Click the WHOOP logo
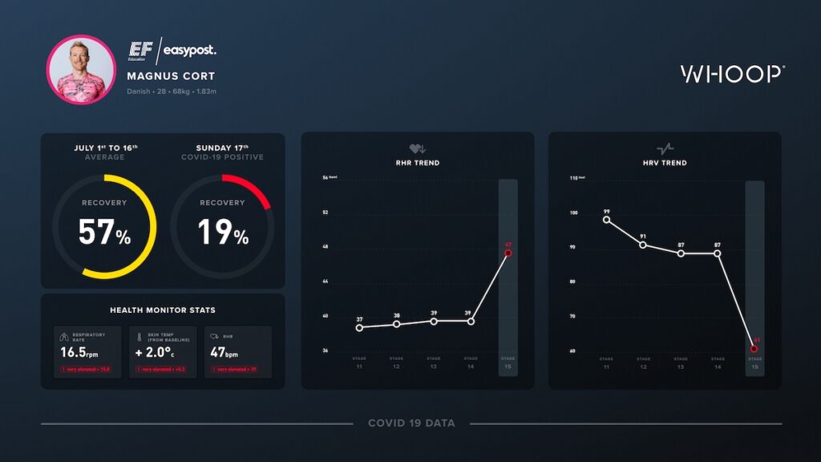coord(732,75)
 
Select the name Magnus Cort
coord(171,76)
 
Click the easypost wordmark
coord(190,51)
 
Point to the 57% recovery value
coord(104,233)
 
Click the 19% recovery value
coord(223,233)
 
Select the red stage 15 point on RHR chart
coord(508,253)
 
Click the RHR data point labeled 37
coord(359,327)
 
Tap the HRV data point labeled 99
coord(606,220)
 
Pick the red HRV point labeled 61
coord(754,349)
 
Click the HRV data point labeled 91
coord(643,244)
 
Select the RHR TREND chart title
coord(417,163)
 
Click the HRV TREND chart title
coord(665,163)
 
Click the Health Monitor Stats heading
coord(163,310)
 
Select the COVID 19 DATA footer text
coord(411,423)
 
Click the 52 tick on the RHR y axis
coord(326,213)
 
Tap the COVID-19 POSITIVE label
coord(222,157)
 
